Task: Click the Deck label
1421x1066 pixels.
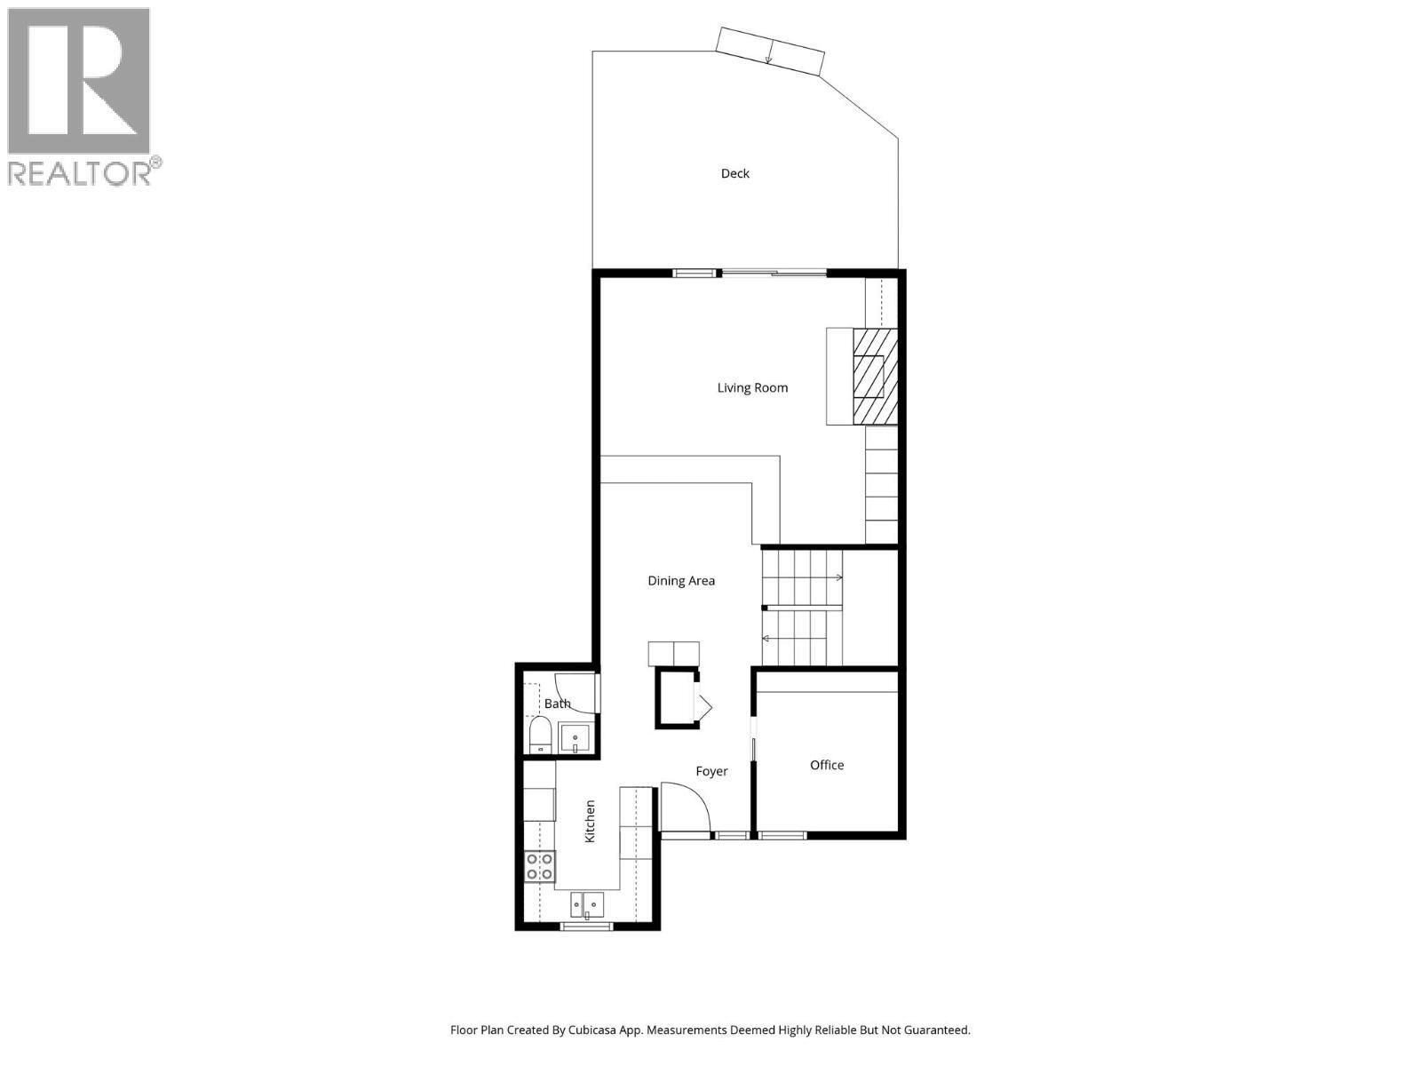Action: point(734,173)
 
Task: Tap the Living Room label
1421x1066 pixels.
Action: point(752,387)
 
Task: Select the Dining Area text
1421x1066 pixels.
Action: point(680,581)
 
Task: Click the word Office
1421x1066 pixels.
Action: point(826,765)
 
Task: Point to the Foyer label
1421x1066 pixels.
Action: point(711,771)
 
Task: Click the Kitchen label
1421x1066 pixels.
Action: point(590,821)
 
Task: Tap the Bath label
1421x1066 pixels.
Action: point(557,704)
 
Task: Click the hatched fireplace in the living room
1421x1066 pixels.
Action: point(875,377)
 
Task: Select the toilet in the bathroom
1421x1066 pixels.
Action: point(539,736)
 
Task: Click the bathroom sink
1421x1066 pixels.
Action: point(576,739)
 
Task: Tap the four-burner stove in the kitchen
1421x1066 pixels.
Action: point(539,866)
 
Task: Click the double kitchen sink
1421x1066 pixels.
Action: point(587,905)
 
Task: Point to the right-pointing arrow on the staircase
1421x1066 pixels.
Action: point(838,578)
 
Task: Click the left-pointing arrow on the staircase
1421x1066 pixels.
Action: point(766,638)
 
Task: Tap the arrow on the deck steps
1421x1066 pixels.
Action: point(769,59)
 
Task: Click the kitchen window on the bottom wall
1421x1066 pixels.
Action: point(586,927)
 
